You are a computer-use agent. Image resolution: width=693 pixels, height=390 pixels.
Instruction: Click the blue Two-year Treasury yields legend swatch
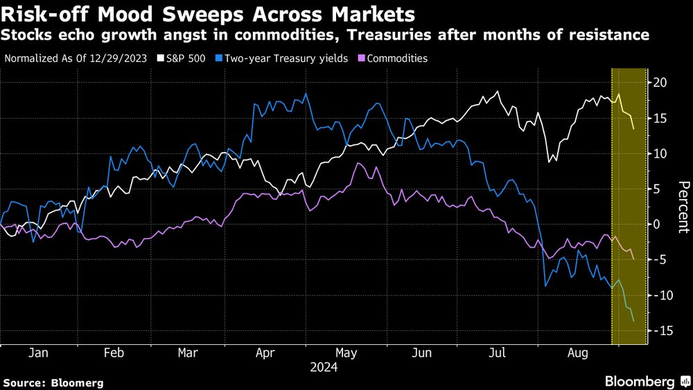click(x=220, y=59)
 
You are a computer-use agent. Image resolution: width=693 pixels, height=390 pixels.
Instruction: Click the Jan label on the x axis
click(x=38, y=353)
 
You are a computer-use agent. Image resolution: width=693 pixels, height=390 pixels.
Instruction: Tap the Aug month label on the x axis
click(x=577, y=353)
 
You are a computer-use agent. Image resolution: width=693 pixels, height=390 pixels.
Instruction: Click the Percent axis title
click(x=683, y=206)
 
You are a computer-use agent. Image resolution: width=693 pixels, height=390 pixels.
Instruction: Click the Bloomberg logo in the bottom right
click(x=646, y=381)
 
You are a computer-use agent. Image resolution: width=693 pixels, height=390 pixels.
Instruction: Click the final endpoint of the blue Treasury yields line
click(x=633, y=320)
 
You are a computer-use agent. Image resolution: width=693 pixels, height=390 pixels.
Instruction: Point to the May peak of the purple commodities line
click(x=358, y=163)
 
